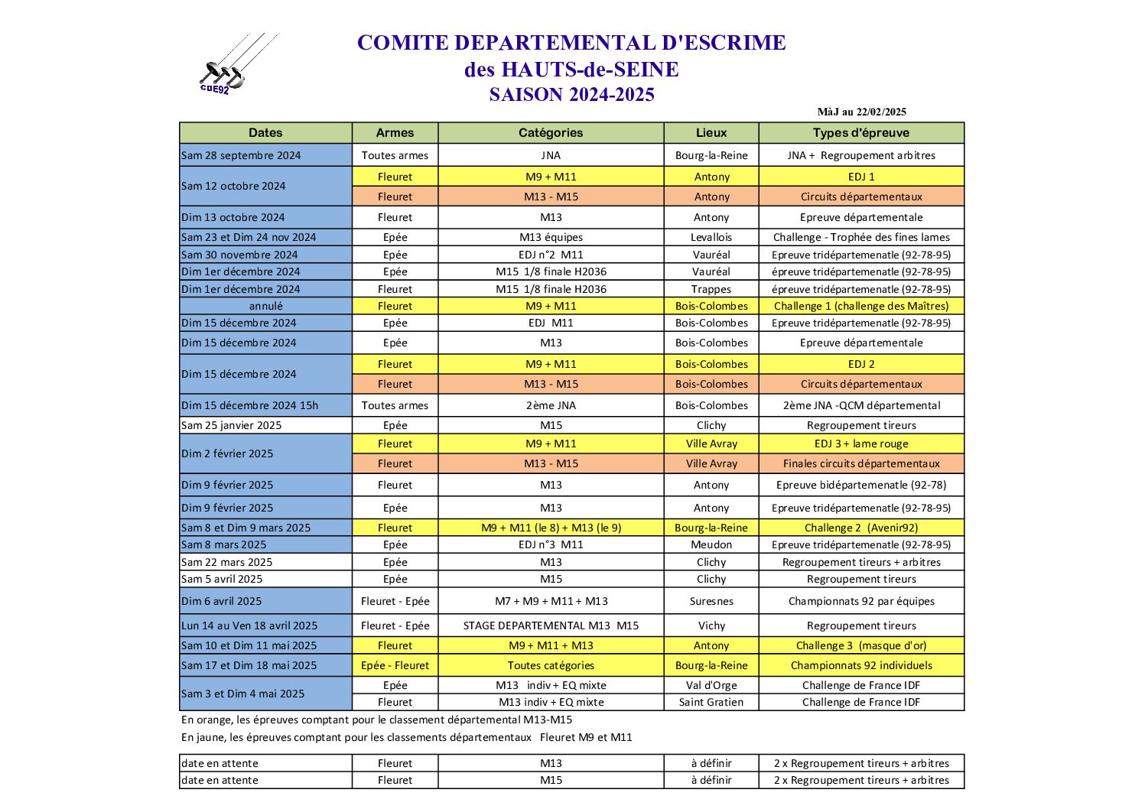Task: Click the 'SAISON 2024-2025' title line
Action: (571, 95)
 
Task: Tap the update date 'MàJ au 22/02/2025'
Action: (861, 112)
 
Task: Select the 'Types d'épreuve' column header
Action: (861, 133)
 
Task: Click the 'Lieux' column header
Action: (711, 133)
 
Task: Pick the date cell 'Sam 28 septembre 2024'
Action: (242, 155)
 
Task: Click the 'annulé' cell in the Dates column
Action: (265, 306)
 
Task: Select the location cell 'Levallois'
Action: (711, 237)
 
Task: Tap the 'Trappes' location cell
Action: (711, 289)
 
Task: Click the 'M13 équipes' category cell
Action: (551, 237)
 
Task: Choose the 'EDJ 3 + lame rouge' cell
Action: (861, 443)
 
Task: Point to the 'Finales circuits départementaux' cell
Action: (861, 463)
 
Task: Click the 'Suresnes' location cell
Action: (711, 601)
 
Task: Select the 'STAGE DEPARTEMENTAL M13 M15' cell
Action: (551, 625)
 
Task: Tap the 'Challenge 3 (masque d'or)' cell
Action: (861, 645)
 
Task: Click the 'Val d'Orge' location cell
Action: (711, 685)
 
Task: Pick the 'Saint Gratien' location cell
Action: (711, 702)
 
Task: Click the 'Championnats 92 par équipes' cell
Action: (861, 601)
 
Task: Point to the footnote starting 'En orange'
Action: (376, 720)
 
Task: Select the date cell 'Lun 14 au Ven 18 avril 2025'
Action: (249, 625)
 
